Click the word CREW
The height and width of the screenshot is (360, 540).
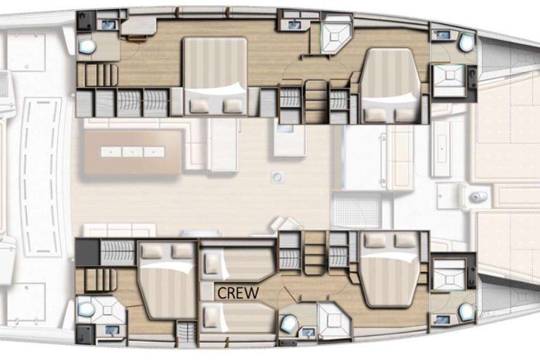pos(238,292)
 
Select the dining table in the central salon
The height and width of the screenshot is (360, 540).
pos(133,152)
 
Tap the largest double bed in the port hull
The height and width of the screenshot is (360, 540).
pos(215,75)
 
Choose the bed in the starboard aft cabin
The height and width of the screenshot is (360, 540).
pos(167,279)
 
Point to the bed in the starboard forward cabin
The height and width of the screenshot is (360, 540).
pos(389,269)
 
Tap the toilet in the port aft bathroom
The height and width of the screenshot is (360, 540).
pos(87,45)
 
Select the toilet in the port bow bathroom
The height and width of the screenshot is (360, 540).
pos(467,42)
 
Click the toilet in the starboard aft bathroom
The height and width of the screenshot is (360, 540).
pos(86,309)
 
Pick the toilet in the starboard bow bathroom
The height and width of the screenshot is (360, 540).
pos(466,311)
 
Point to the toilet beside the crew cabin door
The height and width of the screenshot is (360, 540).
pos(288,324)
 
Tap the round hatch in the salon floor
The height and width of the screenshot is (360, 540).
pos(277,176)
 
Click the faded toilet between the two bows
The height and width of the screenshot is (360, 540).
pos(478,197)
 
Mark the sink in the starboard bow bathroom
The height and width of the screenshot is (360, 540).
pos(443,319)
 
